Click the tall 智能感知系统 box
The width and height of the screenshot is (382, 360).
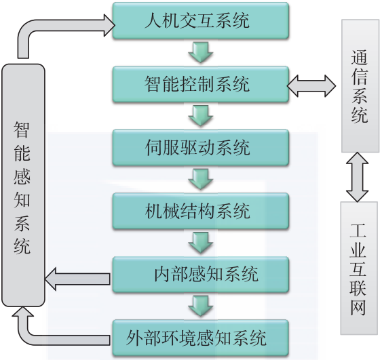(22, 186)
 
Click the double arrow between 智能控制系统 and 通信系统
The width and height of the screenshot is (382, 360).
(313, 85)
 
